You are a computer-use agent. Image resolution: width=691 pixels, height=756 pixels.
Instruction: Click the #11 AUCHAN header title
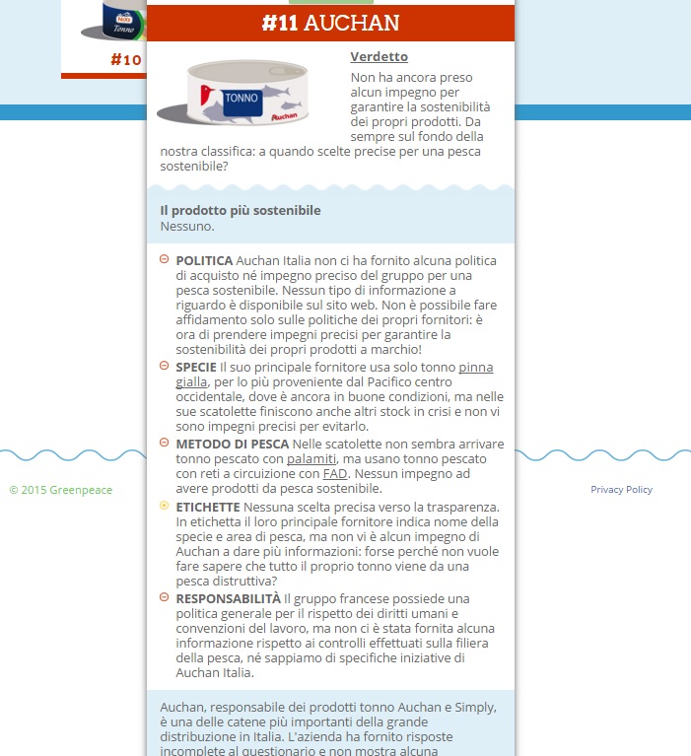point(330,24)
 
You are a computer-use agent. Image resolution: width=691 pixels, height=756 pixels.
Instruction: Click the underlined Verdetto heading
point(379,57)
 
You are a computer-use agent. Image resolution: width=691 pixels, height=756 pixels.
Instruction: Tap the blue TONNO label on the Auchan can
point(242,99)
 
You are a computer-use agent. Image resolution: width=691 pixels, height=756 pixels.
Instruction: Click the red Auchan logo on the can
point(283,116)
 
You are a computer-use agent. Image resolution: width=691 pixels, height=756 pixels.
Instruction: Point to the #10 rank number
point(126,60)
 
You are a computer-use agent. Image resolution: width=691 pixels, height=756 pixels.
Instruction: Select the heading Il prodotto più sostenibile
point(241,210)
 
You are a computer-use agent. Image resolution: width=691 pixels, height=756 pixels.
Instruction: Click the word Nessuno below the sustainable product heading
point(186,226)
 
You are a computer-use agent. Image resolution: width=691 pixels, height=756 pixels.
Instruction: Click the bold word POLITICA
point(204,260)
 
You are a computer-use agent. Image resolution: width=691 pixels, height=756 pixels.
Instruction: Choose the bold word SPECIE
point(196,367)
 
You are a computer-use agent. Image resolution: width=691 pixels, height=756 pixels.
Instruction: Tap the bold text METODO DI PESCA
point(233,444)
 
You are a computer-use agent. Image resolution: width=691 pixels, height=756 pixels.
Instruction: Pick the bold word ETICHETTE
point(211,507)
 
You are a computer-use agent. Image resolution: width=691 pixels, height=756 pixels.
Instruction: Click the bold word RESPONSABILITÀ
point(228,598)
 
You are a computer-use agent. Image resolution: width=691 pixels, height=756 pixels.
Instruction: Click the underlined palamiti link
point(311,459)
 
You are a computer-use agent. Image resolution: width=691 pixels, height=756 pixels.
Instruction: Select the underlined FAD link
point(335,474)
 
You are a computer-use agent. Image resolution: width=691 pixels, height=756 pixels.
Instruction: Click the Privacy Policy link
point(621,490)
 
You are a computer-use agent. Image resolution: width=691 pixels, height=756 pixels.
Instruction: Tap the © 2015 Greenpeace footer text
point(60,490)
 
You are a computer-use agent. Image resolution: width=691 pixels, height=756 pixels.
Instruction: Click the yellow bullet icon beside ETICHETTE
point(164,506)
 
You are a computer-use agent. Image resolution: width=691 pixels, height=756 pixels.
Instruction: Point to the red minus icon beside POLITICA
point(164,259)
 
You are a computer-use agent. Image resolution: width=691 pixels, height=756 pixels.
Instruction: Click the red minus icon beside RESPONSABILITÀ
point(164,597)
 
